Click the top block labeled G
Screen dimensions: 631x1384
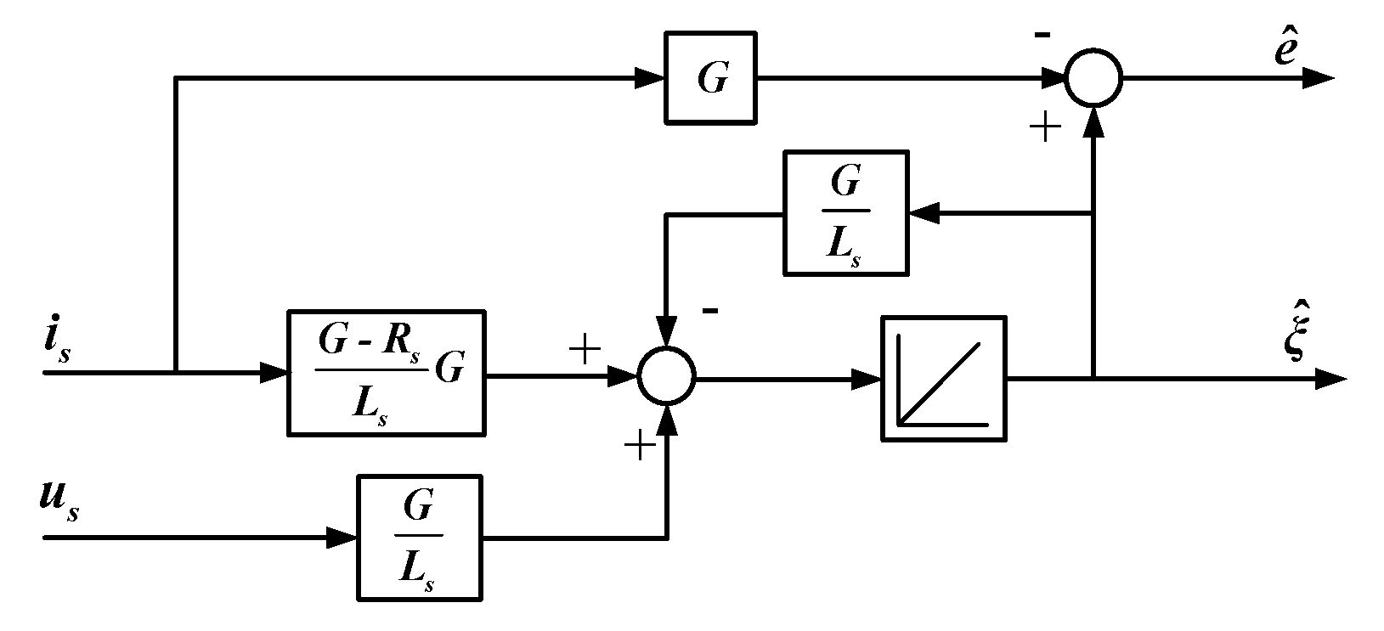pos(711,79)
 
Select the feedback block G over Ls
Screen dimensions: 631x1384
pos(845,212)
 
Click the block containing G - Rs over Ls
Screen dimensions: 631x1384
pos(387,373)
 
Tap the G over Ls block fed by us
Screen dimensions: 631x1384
pos(418,537)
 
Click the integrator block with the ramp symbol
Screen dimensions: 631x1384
pos(943,378)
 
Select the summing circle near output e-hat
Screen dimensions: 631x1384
pos(1093,78)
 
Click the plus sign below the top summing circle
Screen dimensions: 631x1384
pos(1045,127)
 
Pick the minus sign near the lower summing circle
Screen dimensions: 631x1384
pos(710,311)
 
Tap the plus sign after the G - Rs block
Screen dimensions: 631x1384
pos(585,350)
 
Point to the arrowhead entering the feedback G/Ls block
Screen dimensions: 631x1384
pos(924,213)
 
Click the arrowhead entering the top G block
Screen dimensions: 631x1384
pos(650,79)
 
